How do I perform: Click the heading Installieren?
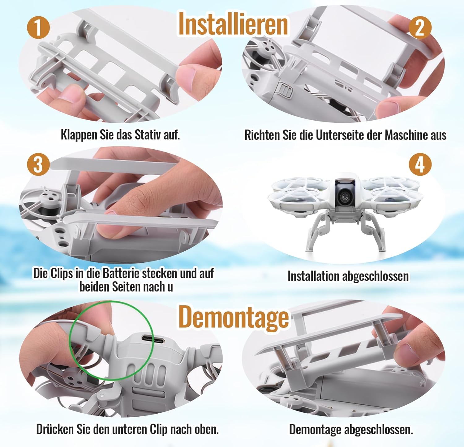click(x=233, y=24)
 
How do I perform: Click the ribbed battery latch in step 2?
click(x=285, y=90)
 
